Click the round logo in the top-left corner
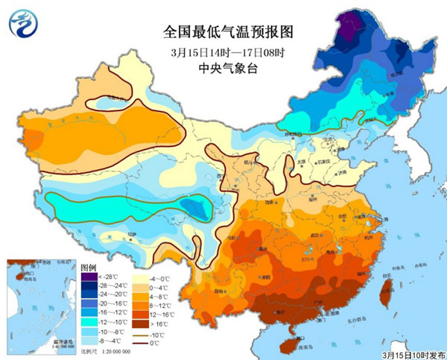22,24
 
